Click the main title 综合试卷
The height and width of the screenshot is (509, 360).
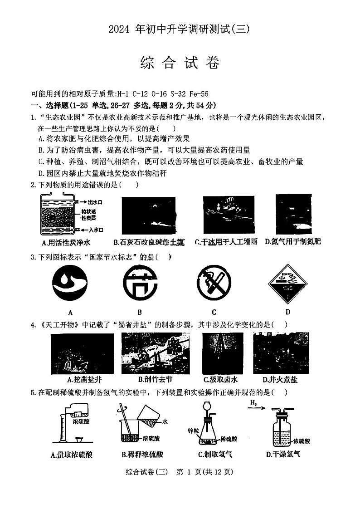[x=180, y=63]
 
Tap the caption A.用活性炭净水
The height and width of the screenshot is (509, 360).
[x=66, y=242]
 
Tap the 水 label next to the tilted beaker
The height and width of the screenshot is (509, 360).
[x=165, y=421]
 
